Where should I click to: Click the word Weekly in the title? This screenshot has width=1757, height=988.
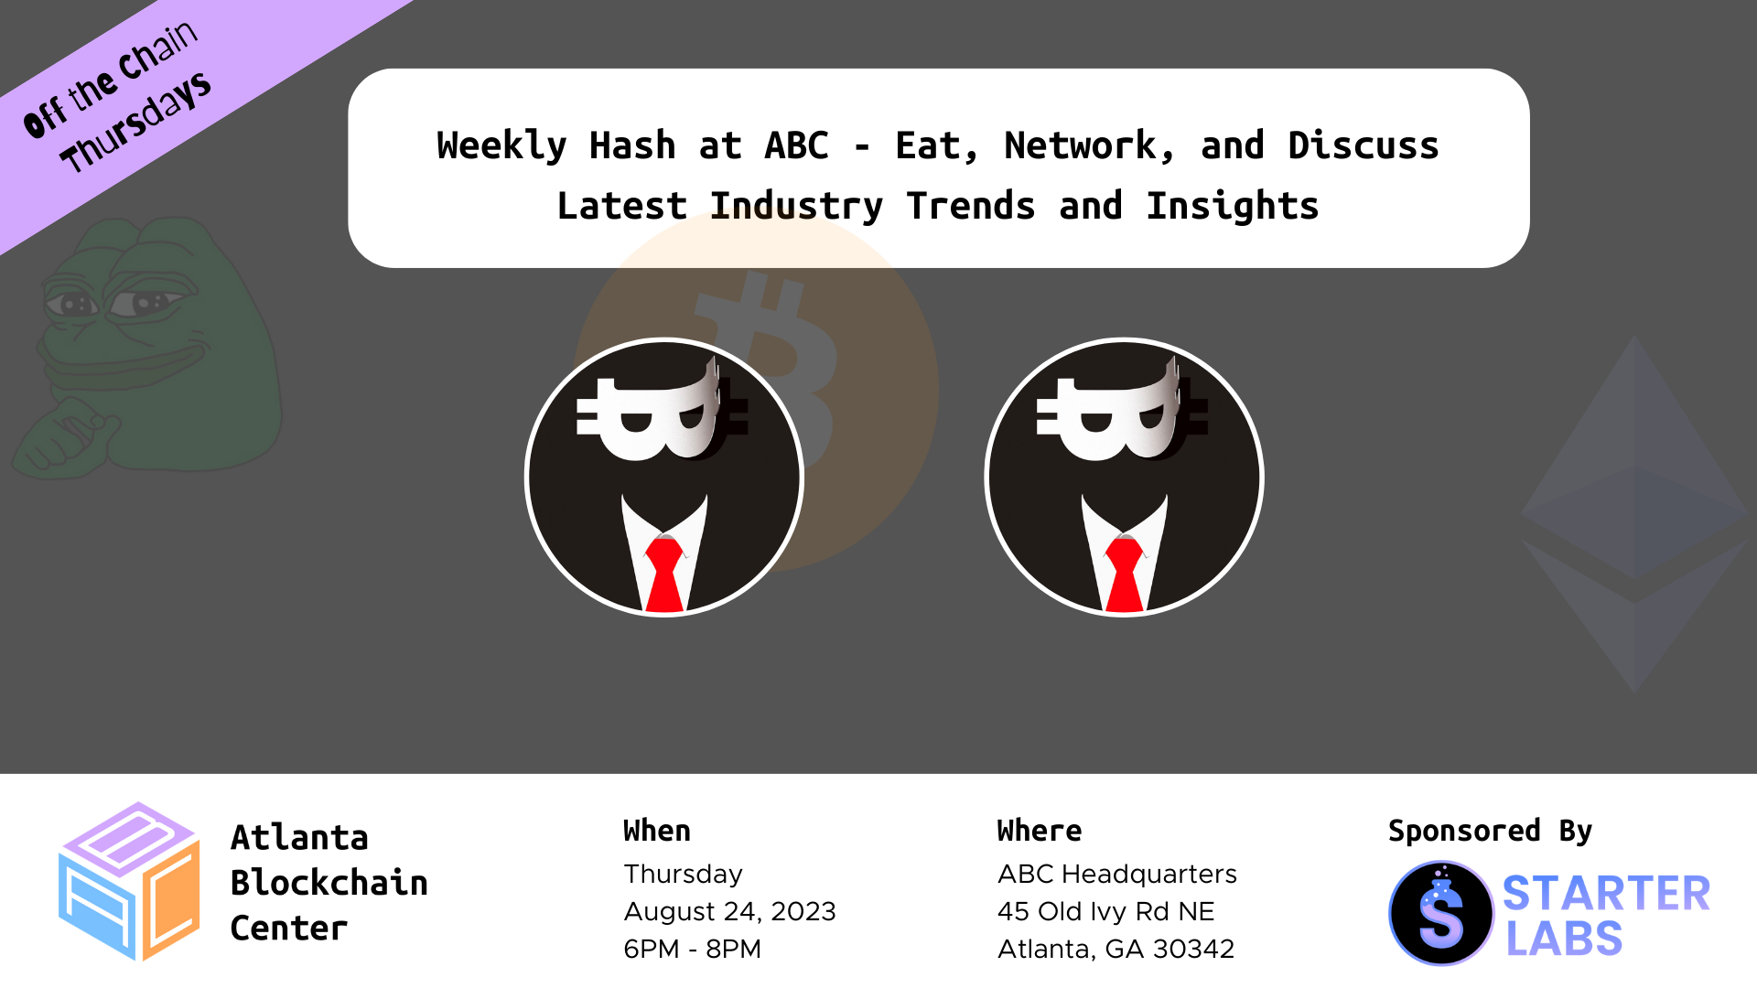pyautogui.click(x=501, y=146)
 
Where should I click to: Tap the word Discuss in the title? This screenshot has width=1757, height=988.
pyautogui.click(x=1364, y=145)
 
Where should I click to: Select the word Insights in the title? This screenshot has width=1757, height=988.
pyautogui.click(x=1233, y=207)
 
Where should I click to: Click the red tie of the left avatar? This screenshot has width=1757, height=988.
pyautogui.click(x=664, y=574)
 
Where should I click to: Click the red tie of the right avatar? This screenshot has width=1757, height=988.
pyautogui.click(x=1125, y=574)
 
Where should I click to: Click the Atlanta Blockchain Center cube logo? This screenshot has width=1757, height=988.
pyautogui.click(x=129, y=882)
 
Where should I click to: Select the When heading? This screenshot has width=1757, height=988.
pyautogui.click(x=657, y=831)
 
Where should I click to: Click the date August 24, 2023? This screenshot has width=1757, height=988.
pyautogui.click(x=730, y=912)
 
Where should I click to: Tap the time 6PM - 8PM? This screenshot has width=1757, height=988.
pyautogui.click(x=693, y=950)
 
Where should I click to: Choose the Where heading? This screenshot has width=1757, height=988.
pyautogui.click(x=1040, y=831)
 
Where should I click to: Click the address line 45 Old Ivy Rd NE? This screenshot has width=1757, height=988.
pyautogui.click(x=1106, y=912)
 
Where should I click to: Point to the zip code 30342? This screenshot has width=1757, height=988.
pyautogui.click(x=1193, y=950)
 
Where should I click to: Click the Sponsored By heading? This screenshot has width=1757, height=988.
pyautogui.click(x=1490, y=832)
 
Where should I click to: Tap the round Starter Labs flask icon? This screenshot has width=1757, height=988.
pyautogui.click(x=1441, y=913)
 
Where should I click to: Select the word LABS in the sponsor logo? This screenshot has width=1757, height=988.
pyautogui.click(x=1564, y=940)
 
